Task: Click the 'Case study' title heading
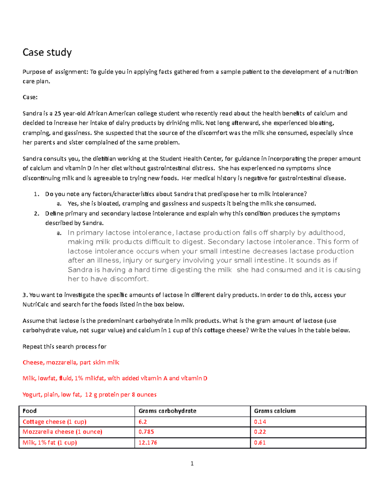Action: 47,52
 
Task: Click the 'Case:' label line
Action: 30,97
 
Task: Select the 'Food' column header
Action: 30,411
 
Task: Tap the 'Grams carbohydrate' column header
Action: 167,411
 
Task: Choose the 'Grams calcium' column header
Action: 275,411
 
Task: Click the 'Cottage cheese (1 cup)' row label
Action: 54,422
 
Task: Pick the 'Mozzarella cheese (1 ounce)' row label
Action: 62,432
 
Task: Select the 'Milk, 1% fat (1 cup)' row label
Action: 50,443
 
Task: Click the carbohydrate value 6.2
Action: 142,422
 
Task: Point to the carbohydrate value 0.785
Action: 146,432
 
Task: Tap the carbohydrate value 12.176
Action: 148,443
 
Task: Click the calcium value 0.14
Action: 260,422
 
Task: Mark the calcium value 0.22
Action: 260,432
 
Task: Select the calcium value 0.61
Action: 260,443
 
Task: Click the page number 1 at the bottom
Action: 192,463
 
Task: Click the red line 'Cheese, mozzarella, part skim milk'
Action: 71,362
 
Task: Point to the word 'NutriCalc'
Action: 36,304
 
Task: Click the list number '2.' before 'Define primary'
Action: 37,213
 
